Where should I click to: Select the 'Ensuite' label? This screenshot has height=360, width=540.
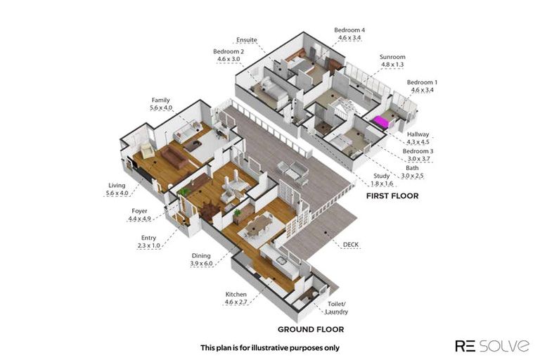[247, 40]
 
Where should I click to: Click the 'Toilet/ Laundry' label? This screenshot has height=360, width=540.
[336, 308]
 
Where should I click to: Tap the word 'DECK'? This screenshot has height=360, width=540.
[351, 245]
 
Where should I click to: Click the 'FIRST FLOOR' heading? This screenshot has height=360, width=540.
[392, 196]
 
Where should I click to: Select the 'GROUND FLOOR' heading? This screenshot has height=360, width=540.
[310, 329]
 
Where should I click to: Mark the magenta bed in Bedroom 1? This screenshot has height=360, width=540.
[382, 122]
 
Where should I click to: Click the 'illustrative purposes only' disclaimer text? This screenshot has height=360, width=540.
[270, 347]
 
